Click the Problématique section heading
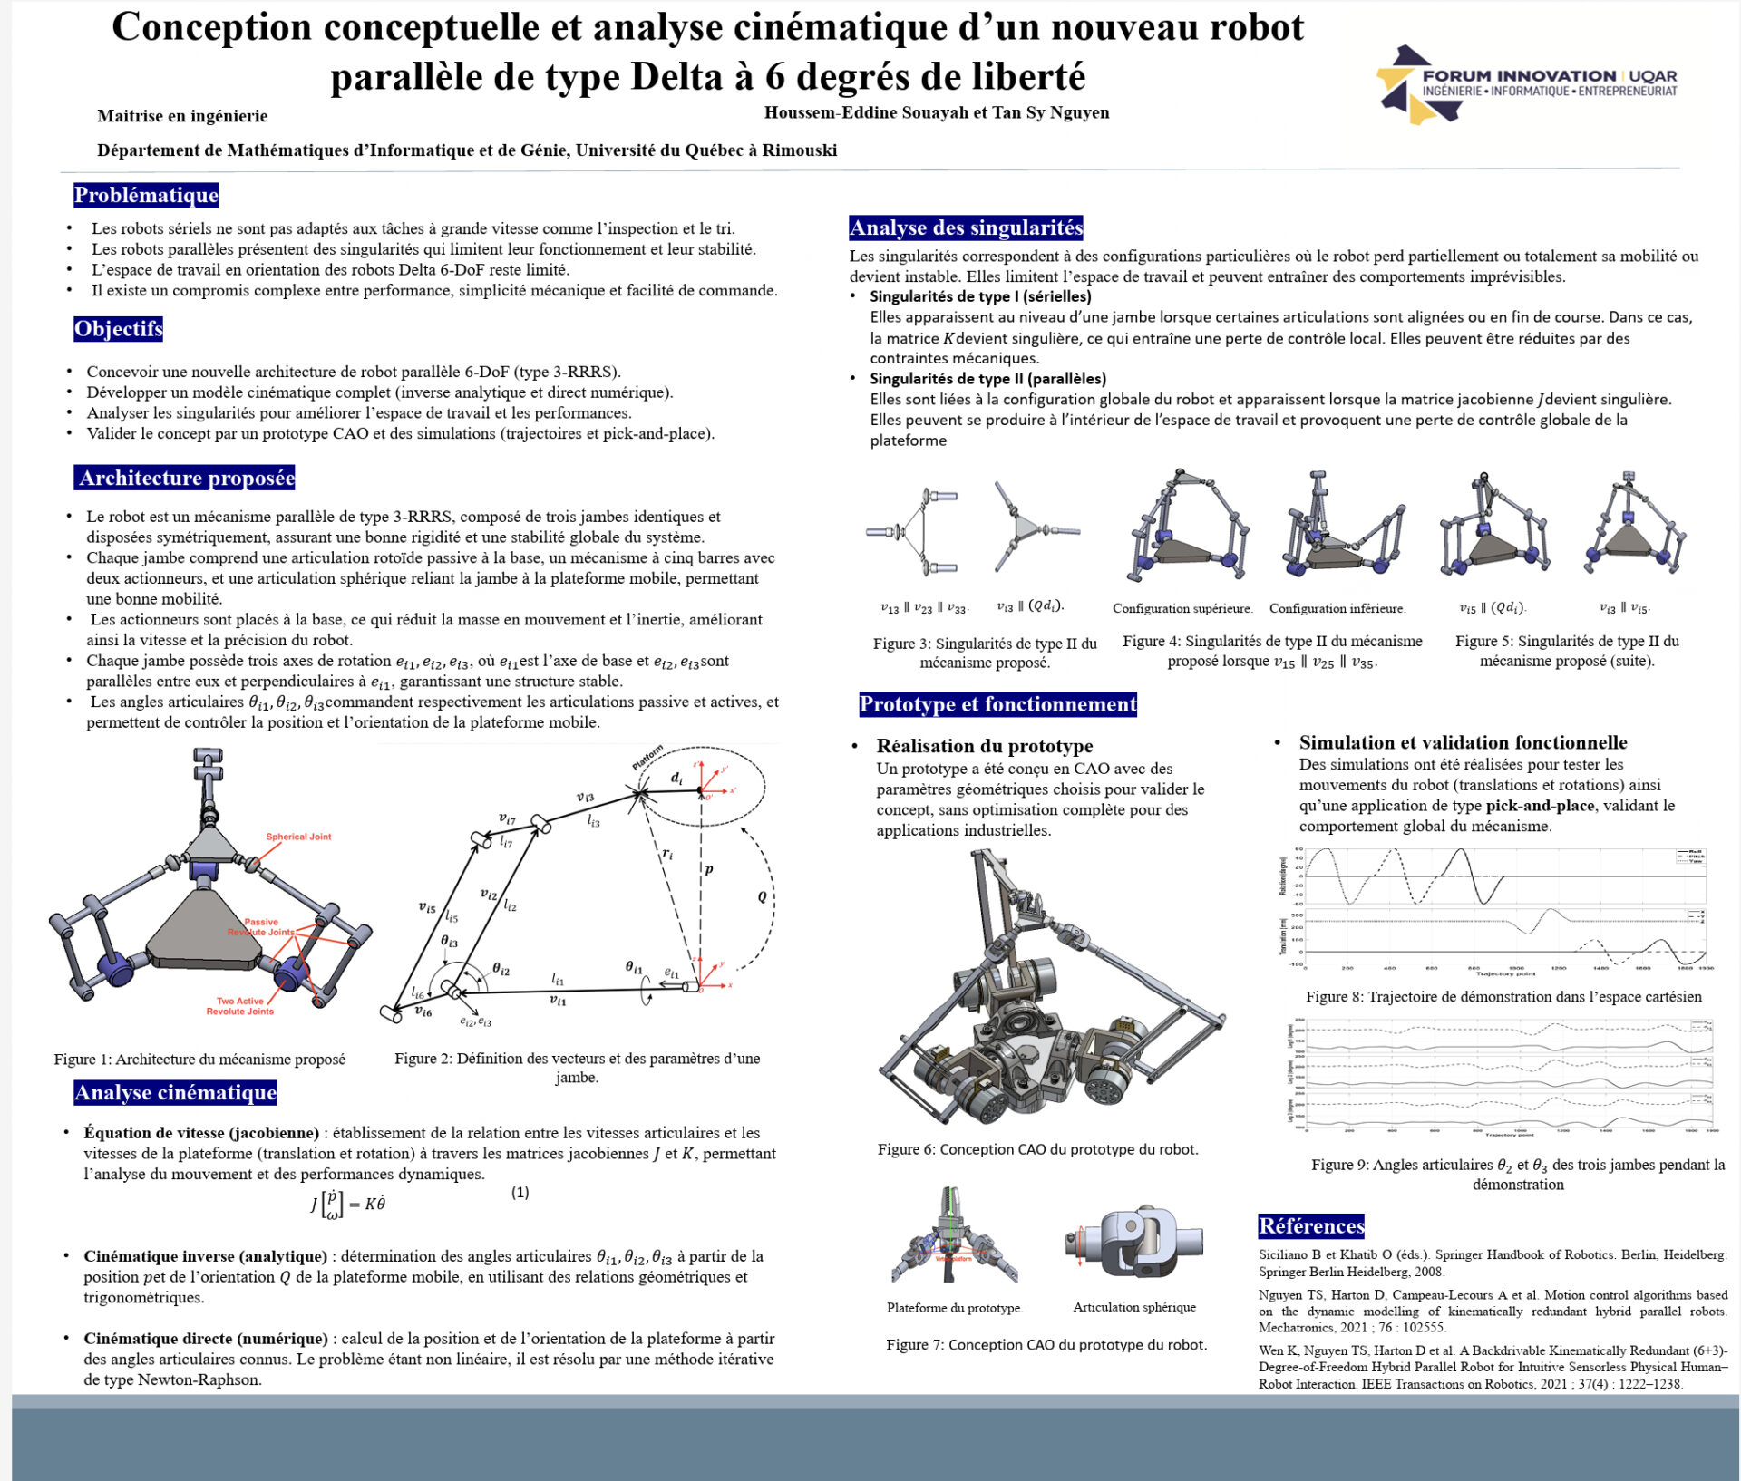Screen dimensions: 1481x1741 point(146,195)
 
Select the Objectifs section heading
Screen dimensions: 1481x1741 point(118,328)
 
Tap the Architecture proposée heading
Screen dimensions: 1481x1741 point(185,478)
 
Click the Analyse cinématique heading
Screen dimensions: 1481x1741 point(175,1092)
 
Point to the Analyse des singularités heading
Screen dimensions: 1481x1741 point(966,227)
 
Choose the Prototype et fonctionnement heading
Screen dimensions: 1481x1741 point(997,704)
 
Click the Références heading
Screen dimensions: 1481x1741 point(1311,1226)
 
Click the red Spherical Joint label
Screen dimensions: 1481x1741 point(298,837)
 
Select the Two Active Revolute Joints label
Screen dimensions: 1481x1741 point(239,1006)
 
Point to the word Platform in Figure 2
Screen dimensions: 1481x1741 point(647,758)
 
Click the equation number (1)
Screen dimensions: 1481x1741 point(520,1193)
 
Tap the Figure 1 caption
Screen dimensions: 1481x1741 point(199,1059)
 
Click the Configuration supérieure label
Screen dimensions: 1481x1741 point(1182,608)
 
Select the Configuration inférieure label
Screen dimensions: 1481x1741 point(1337,608)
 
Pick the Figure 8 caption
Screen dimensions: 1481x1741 point(1503,997)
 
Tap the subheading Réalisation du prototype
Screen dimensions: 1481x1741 point(984,746)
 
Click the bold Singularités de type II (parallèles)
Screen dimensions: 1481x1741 point(987,379)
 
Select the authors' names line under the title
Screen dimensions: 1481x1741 point(937,112)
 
